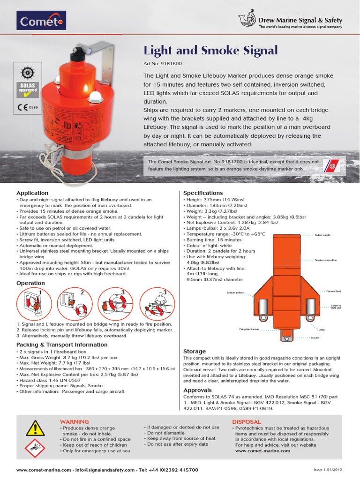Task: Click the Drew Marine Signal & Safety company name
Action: pyautogui.click(x=300, y=20)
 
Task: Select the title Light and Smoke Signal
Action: pyautogui.click(x=210, y=50)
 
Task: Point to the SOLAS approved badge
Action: pyautogui.click(x=29, y=89)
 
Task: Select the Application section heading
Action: pyautogui.click(x=32, y=193)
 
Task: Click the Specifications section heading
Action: pyautogui.click(x=202, y=193)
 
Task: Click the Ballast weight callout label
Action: pyautogui.click(x=322, y=235)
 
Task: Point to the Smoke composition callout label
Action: pyautogui.click(x=326, y=260)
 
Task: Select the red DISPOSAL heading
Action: pyautogui.click(x=246, y=422)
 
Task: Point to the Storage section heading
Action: pyautogui.click(x=194, y=351)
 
